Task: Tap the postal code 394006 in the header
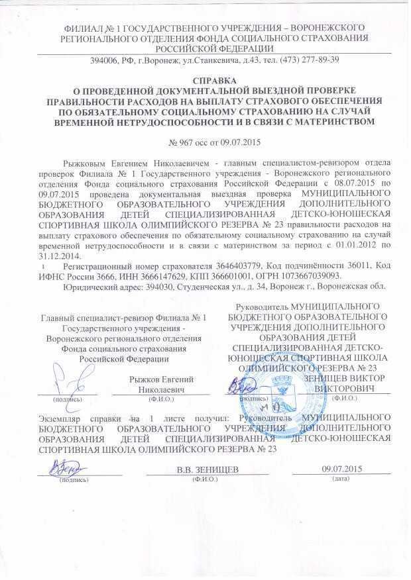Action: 104,60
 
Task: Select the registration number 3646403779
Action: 202,266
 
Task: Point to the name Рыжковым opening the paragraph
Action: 83,162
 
